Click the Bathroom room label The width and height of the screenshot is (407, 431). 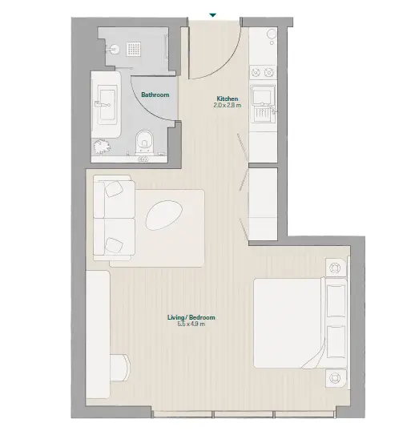(155, 95)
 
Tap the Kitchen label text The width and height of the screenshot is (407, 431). (228, 99)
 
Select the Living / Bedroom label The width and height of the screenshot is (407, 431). (191, 317)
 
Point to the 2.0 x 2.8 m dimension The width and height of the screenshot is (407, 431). (228, 105)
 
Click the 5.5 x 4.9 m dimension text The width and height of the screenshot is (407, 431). (191, 324)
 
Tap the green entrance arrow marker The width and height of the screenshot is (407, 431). (212, 15)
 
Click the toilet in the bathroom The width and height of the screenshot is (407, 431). (145, 143)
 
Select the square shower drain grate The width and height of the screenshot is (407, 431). (134, 50)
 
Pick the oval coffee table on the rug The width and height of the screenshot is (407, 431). (164, 215)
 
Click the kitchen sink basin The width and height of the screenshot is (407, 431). (262, 95)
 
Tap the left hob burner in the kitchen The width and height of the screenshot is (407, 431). (256, 73)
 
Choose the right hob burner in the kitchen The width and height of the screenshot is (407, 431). (268, 73)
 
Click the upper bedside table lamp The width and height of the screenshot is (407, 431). (335, 268)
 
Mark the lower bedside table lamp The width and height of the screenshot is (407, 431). (335, 377)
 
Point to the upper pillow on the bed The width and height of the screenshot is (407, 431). (336, 300)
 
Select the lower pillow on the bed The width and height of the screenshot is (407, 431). (336, 341)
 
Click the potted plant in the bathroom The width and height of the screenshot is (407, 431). (102, 147)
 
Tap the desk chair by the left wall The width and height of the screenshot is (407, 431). (120, 368)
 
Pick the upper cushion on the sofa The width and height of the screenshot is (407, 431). (114, 189)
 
